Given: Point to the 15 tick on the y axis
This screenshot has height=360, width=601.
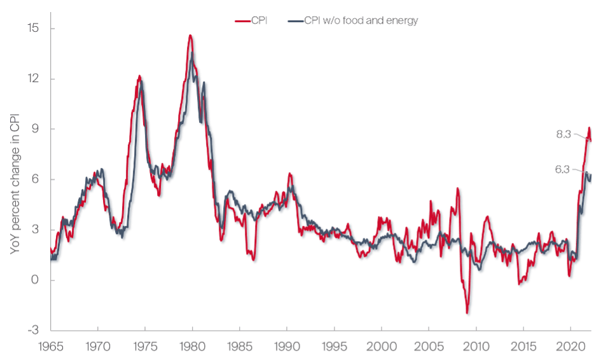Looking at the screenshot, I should click(x=33, y=29).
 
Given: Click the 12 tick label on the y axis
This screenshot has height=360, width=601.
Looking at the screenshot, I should click(x=33, y=79).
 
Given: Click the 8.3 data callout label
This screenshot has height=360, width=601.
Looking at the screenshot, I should click(x=563, y=134).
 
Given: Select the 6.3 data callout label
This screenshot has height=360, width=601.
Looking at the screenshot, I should click(x=563, y=170).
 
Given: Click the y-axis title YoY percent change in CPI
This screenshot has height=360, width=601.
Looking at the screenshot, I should click(x=15, y=179).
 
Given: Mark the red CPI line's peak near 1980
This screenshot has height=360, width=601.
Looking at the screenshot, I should click(x=190, y=36).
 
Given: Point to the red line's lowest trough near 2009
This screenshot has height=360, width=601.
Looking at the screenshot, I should click(x=467, y=313).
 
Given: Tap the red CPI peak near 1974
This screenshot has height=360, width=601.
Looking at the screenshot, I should click(x=139, y=76).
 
